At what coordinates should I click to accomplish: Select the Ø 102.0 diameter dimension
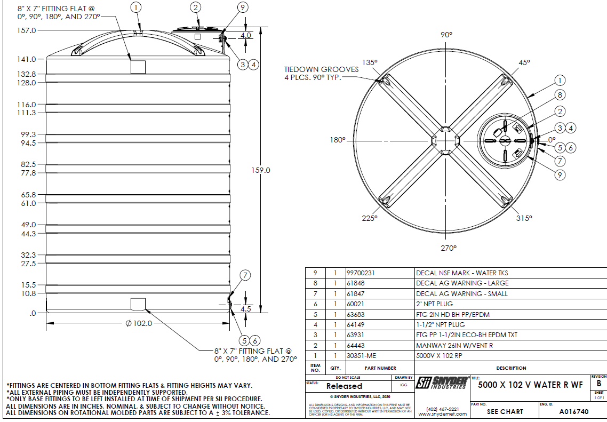[x=139, y=323]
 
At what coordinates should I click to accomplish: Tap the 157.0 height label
[x=26, y=31]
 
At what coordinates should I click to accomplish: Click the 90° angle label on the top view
[x=446, y=35]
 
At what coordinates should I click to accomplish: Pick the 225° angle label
[x=369, y=218]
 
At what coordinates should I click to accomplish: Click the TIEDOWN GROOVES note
[x=313, y=73]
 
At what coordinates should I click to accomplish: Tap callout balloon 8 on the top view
[x=559, y=95]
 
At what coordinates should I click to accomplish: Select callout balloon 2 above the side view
[x=196, y=7]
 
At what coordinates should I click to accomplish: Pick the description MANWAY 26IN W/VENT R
[x=454, y=346]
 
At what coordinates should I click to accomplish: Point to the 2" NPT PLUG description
[x=435, y=304]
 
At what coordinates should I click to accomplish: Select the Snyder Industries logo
[x=442, y=383]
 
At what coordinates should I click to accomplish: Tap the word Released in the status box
[x=344, y=386]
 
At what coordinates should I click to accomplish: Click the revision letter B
[x=599, y=383]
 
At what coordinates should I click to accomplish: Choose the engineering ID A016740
[x=573, y=412]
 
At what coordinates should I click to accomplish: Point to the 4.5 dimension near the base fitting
[x=246, y=309]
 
